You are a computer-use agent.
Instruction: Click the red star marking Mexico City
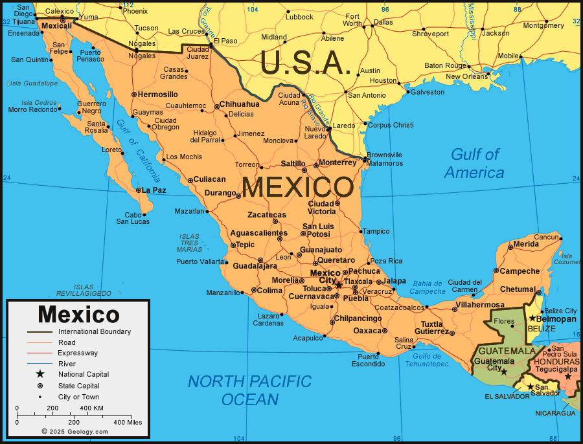point(338,283)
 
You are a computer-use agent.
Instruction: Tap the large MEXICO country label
point(297,188)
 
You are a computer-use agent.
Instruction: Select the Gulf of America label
point(474,163)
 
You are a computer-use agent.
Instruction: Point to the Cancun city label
point(545,237)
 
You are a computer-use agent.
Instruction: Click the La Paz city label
point(154,190)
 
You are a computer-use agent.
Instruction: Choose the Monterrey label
point(337,162)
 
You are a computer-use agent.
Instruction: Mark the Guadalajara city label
point(255,265)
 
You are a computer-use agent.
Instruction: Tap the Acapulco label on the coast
point(307,338)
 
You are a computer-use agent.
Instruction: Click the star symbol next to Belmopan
point(532,318)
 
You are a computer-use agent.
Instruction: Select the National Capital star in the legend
point(40,374)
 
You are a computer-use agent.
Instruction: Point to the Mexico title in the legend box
point(78,315)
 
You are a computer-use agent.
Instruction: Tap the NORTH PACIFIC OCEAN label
point(250,390)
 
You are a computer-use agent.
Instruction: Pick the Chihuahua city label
point(239,104)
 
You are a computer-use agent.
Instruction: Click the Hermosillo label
point(157,94)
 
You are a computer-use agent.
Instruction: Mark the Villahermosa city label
point(480,304)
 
